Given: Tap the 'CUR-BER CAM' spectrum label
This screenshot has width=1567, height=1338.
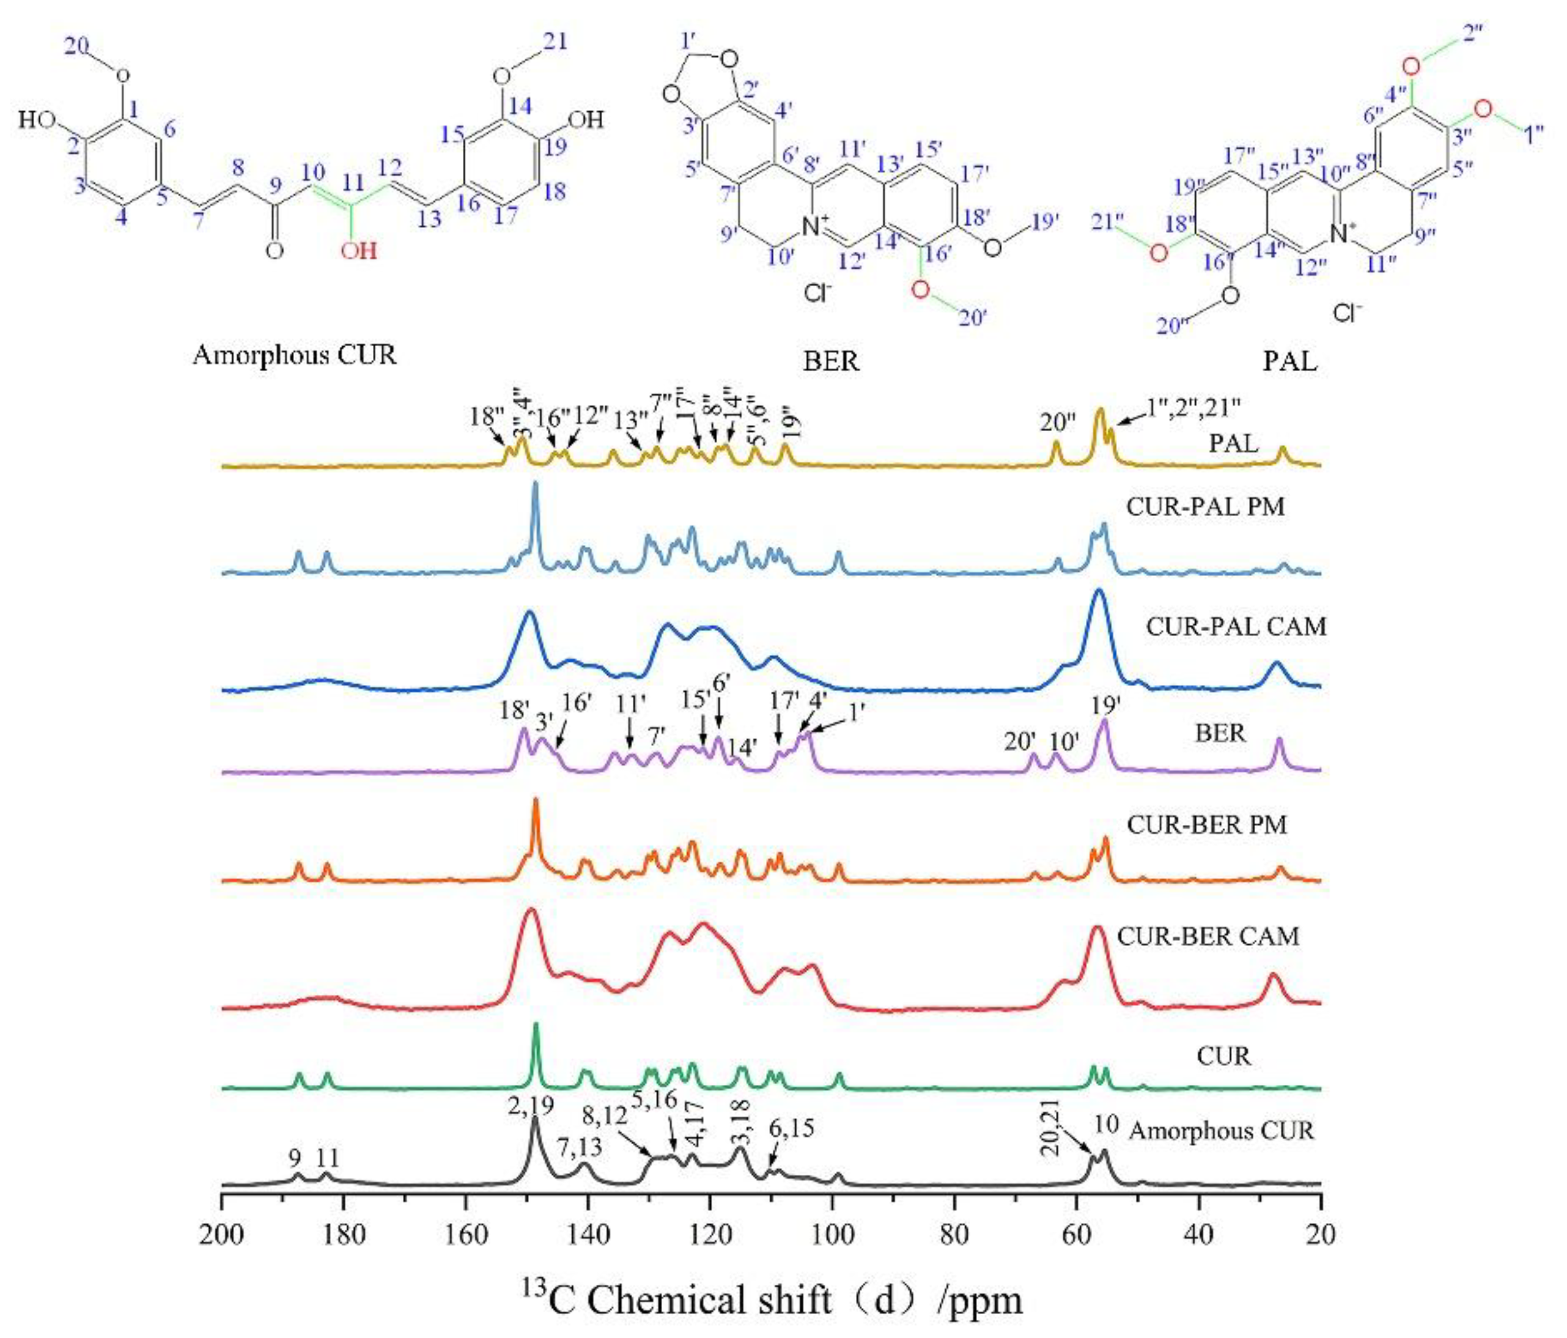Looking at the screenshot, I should coord(1208,936).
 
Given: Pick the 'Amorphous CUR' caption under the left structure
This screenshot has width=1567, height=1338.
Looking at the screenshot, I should coord(295,354).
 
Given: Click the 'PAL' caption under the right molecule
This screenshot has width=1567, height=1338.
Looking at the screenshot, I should coord(1290,361).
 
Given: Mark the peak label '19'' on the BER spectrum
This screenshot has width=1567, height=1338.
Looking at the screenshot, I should coord(1105,705).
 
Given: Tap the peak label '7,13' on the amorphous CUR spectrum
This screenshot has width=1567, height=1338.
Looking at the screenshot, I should coord(580,1147).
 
